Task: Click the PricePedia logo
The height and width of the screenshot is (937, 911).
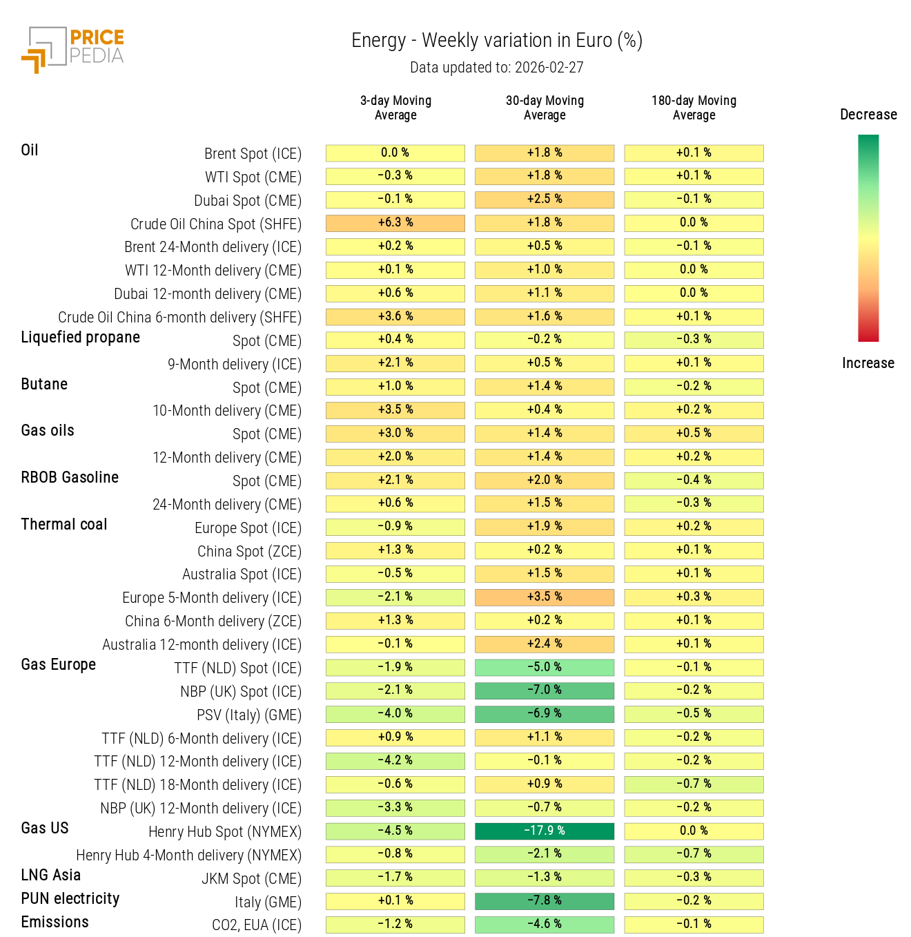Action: coord(73,49)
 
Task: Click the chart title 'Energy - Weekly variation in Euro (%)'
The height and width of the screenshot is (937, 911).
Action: coord(496,41)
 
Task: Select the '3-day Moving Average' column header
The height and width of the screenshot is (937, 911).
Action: coord(395,108)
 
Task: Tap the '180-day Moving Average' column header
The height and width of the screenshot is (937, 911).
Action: coord(694,108)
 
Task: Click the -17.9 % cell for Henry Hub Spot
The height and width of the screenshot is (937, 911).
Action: coord(544,831)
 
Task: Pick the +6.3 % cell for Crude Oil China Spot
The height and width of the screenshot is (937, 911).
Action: coord(395,222)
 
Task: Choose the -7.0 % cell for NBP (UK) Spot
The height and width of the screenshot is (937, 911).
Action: coord(544,690)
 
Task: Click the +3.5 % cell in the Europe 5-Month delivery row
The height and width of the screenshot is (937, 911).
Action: coord(544,597)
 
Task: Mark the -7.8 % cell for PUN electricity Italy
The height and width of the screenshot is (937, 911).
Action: coord(544,900)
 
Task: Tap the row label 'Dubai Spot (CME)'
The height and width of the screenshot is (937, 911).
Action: coord(247,201)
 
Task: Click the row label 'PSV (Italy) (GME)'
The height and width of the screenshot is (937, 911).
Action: coord(248,715)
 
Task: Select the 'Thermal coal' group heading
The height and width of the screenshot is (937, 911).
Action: coord(64,525)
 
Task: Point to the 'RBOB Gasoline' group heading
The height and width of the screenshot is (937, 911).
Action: coord(70,478)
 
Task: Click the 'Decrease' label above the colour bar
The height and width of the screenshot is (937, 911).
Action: coord(868,115)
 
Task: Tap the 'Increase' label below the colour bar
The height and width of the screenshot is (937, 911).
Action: coord(868,363)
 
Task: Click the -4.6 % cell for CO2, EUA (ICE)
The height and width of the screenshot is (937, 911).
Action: coord(544,924)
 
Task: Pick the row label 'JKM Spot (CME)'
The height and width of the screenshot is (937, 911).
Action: coord(251,879)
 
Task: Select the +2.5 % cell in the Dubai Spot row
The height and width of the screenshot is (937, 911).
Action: coord(544,199)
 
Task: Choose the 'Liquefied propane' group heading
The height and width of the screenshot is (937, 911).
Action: coord(80,338)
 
